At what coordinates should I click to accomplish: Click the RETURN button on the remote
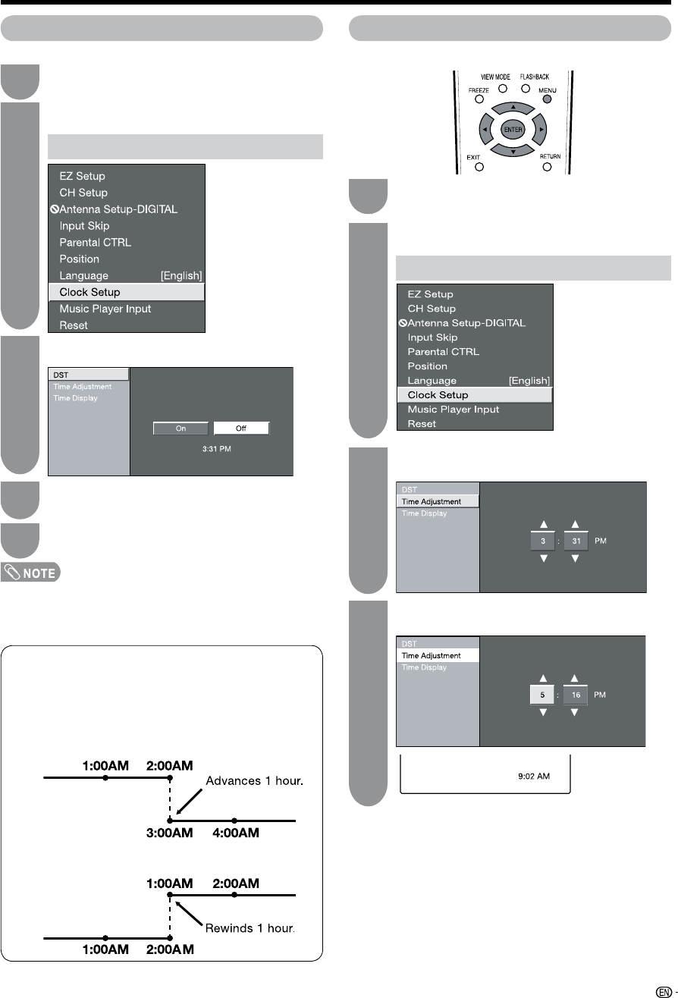click(548, 167)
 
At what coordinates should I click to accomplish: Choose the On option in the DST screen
click(181, 428)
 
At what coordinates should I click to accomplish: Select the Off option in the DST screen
click(240, 428)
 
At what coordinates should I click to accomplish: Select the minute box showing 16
click(575, 695)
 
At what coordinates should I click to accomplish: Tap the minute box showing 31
click(575, 541)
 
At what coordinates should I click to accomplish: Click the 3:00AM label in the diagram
click(171, 833)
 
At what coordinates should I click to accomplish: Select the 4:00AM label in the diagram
click(235, 833)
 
